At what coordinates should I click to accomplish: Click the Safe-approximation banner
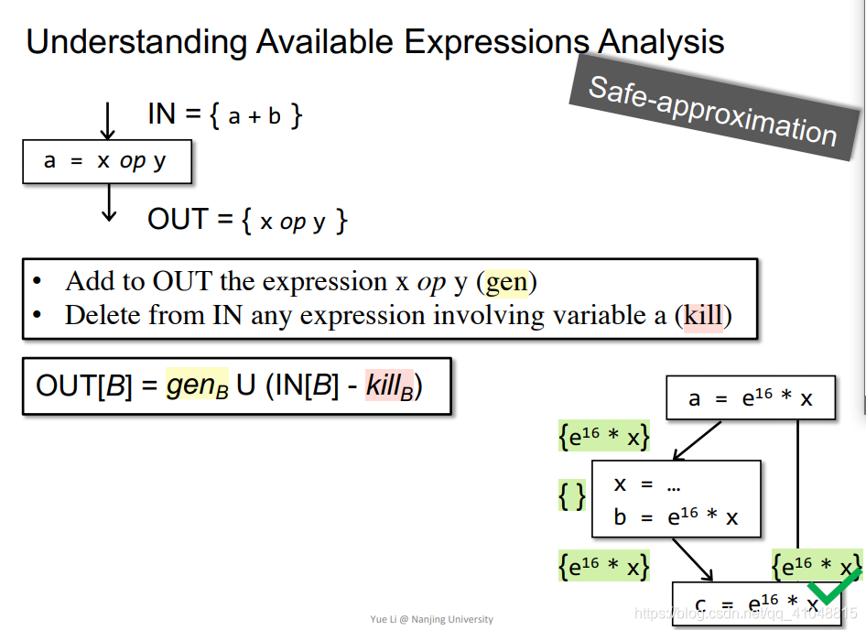click(712, 110)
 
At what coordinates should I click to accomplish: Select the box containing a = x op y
click(107, 162)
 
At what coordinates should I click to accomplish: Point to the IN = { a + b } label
click(225, 115)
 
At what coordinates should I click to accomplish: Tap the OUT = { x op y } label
click(247, 221)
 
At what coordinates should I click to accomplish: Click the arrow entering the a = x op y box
click(109, 120)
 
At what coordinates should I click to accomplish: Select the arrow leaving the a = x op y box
click(109, 201)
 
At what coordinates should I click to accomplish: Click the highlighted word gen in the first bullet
click(506, 282)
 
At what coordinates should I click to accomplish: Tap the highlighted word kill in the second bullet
click(703, 316)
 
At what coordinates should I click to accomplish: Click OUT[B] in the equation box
click(82, 386)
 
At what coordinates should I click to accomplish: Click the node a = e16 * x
click(751, 399)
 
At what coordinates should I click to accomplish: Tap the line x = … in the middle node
click(647, 485)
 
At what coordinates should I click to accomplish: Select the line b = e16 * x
click(676, 517)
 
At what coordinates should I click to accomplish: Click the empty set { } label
click(572, 495)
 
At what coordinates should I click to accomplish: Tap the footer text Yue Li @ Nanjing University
click(431, 620)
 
